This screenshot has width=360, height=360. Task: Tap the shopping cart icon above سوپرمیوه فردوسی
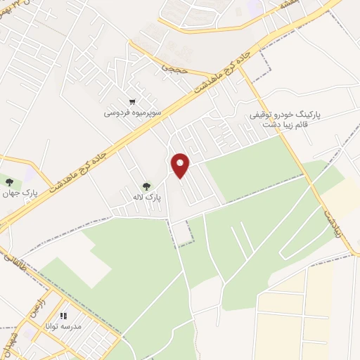point(131,101)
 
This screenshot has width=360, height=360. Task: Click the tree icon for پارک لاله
point(146,186)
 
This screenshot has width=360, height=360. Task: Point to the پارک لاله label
point(148,198)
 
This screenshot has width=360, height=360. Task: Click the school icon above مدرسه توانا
point(63,316)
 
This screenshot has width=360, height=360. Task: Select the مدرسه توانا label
point(63,327)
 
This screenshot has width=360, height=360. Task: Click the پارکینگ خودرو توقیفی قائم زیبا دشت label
point(281,119)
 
